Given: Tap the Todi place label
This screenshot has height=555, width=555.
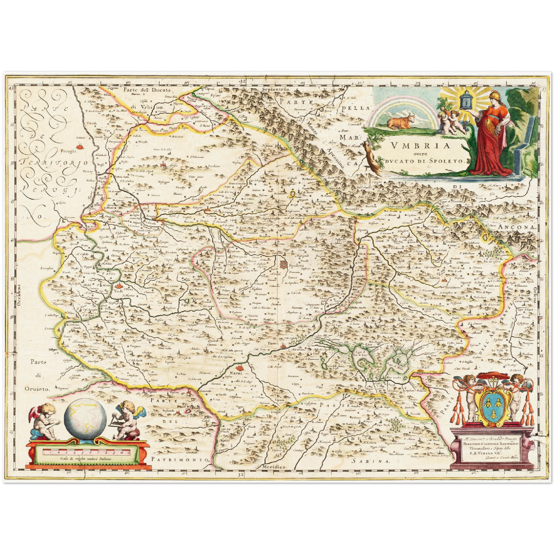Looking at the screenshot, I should [x=118, y=291].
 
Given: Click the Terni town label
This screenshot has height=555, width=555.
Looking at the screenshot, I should [x=273, y=343].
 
